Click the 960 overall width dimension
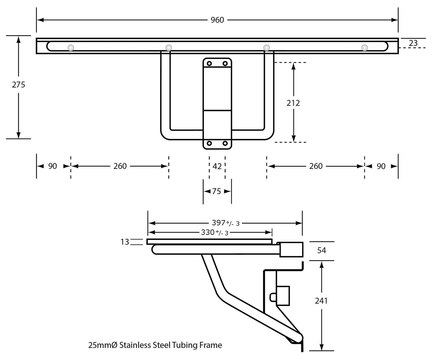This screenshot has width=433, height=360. click(x=217, y=20)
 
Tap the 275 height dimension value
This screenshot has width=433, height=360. click(x=19, y=84)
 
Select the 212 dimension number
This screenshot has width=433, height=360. click(x=293, y=103)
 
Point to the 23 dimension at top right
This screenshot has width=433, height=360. click(x=413, y=43)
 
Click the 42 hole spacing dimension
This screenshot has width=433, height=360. click(x=217, y=166)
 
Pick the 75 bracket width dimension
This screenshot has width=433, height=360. click(x=216, y=191)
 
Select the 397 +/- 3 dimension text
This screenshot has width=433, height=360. click(x=226, y=223)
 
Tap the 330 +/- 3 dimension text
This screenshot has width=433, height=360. click(x=215, y=232)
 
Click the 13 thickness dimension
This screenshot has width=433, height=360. click(x=125, y=242)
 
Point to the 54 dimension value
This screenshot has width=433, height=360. click(x=322, y=251)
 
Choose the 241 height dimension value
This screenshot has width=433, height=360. click(x=321, y=301)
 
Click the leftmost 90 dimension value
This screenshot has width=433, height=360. click(x=52, y=166)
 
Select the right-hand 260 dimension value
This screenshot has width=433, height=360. click(x=316, y=166)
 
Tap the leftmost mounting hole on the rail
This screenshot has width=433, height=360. click(x=71, y=48)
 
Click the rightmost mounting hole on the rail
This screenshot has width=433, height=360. click(x=364, y=48)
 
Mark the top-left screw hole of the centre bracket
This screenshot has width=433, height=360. click(x=209, y=63)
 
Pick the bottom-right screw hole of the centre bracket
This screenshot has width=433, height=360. click(x=225, y=143)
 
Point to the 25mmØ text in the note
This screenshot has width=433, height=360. click(x=103, y=345)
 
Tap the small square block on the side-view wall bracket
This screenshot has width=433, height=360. click(x=283, y=296)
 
